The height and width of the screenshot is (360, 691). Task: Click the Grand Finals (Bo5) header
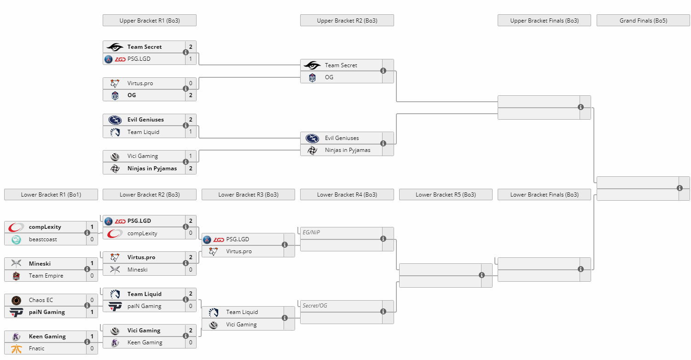643,20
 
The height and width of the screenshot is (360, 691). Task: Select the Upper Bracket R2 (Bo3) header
347,20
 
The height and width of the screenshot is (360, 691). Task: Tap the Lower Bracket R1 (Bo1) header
51,195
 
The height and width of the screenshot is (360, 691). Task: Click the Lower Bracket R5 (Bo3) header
446,195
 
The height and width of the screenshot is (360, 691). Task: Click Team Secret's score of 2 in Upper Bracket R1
191,47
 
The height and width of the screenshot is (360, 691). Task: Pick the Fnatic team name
36,348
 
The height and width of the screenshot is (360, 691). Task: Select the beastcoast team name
43,239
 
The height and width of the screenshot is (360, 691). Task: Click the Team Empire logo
16,276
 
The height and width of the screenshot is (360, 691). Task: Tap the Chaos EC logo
16,300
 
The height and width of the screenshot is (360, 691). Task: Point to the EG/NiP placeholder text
311,232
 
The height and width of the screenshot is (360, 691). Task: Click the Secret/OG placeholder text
314,306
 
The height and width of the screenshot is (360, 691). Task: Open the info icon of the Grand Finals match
679,188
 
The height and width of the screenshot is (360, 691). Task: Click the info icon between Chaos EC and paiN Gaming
87,305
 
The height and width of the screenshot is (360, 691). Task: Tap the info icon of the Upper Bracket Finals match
581,107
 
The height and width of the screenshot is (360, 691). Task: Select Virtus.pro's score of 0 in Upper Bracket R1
191,83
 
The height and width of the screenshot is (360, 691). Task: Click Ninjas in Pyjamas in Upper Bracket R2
348,150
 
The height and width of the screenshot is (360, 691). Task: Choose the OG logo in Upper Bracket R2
312,78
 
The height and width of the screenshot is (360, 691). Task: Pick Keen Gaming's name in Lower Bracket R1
47,337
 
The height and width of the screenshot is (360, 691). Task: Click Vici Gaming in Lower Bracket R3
241,325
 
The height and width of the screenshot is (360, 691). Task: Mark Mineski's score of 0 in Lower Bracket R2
191,270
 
